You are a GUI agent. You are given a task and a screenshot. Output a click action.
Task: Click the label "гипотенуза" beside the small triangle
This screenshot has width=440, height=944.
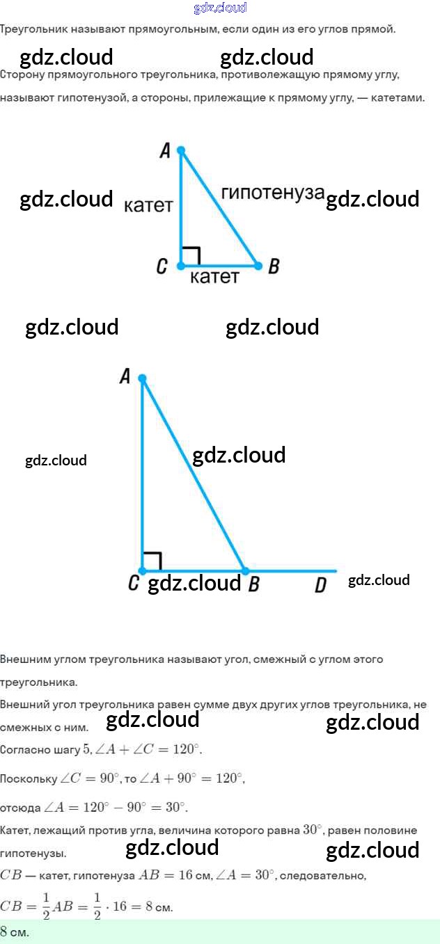[x=273, y=193]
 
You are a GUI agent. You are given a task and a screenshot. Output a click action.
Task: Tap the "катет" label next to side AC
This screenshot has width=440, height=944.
[x=148, y=205]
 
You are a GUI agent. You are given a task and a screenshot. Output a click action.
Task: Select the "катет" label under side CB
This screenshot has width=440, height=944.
[x=214, y=277]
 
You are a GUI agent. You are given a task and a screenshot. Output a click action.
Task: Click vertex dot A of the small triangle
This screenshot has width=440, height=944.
[x=181, y=150]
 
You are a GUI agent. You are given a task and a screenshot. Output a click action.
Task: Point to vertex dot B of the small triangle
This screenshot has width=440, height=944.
[x=258, y=266]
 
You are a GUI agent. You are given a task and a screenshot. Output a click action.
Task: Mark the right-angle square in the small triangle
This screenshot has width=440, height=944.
[x=191, y=255]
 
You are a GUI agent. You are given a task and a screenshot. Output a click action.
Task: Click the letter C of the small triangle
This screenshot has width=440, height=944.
[x=162, y=266]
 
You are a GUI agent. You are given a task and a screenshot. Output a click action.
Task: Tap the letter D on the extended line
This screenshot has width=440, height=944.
[x=320, y=585]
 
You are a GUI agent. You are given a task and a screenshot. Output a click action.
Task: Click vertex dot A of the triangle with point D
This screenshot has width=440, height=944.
[x=142, y=378]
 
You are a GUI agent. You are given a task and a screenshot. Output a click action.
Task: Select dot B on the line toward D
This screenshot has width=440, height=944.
[x=244, y=571]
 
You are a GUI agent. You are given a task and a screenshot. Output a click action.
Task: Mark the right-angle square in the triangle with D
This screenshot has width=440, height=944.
[x=152, y=561]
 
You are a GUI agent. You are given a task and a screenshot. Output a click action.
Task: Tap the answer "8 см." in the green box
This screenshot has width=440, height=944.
[x=15, y=931]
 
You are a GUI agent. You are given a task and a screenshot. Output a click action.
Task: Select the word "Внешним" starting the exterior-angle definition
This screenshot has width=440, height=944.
[x=26, y=659]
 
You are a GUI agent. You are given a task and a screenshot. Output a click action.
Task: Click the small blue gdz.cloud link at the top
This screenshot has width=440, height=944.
[x=220, y=8]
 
